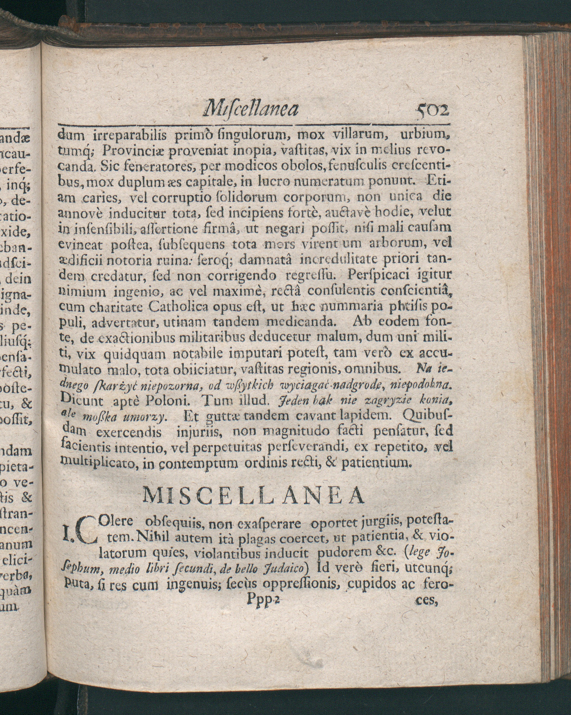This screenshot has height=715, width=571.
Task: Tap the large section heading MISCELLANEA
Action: [x=254, y=496]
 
